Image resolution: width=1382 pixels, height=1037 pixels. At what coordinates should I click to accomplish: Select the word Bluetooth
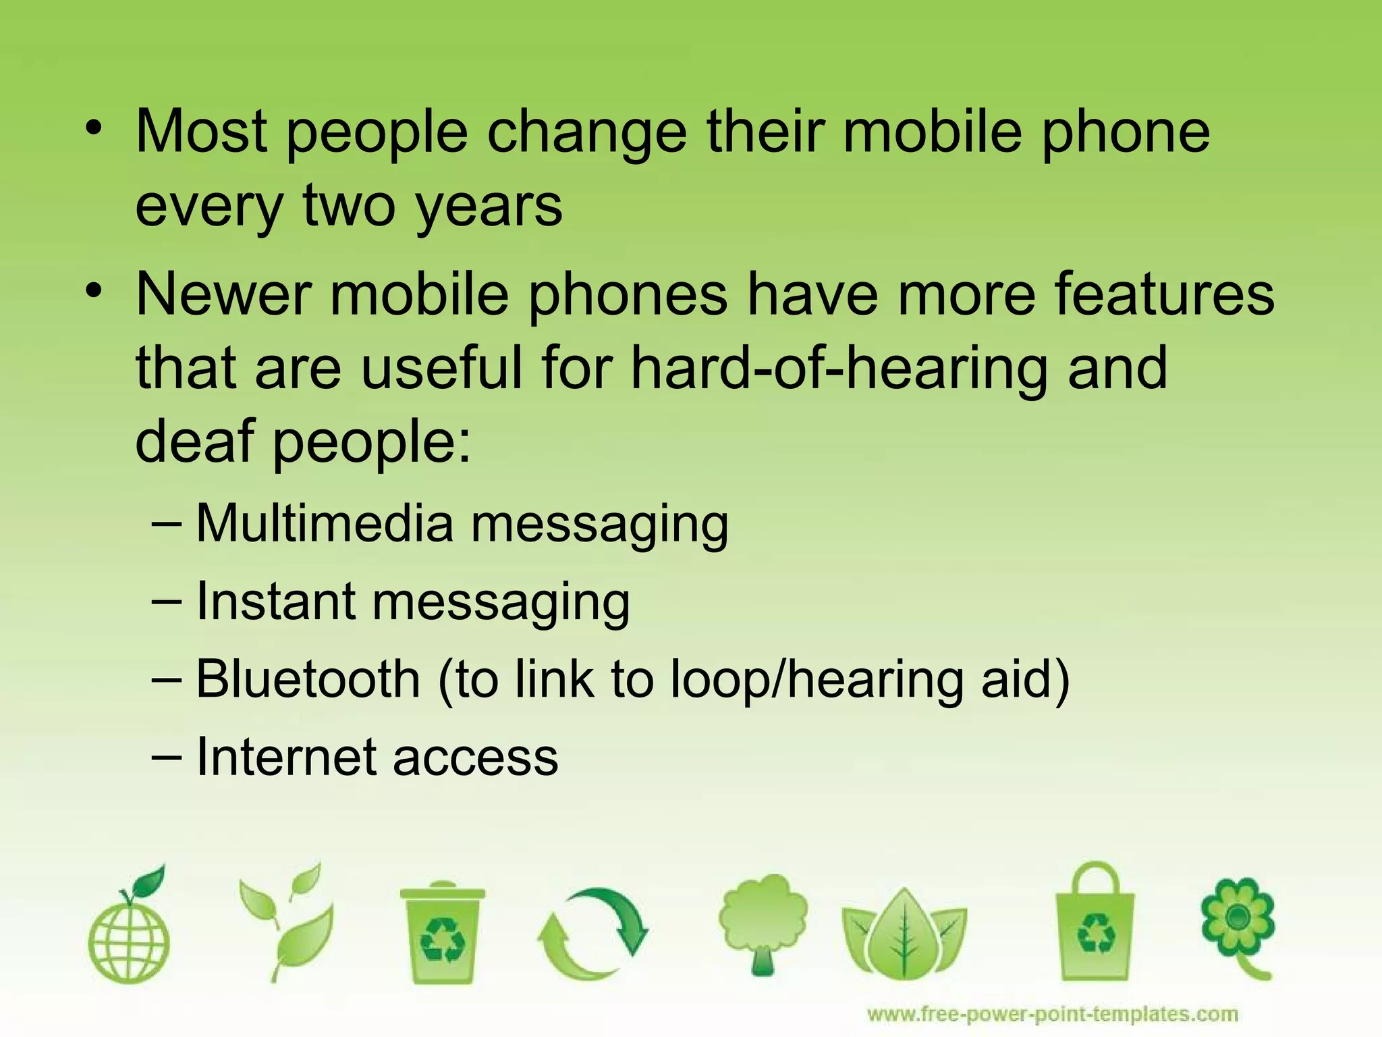pyautogui.click(x=308, y=679)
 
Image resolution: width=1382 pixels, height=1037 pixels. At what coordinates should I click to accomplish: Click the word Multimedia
pyautogui.click(x=324, y=524)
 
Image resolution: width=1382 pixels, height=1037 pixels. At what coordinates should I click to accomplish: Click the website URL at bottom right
pyautogui.click(x=1052, y=1014)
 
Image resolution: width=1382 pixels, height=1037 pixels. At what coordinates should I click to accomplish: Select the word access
pyautogui.click(x=475, y=757)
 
